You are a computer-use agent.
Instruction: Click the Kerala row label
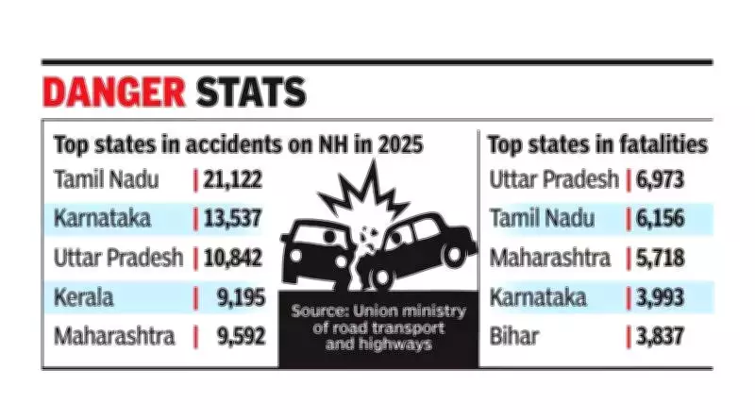pos(84,296)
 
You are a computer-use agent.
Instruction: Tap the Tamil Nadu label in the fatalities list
pos(543,218)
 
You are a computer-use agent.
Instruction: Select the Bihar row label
pos(512,335)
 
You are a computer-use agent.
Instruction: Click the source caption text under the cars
pos(373,326)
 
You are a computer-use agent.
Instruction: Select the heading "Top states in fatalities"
pos(596,144)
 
